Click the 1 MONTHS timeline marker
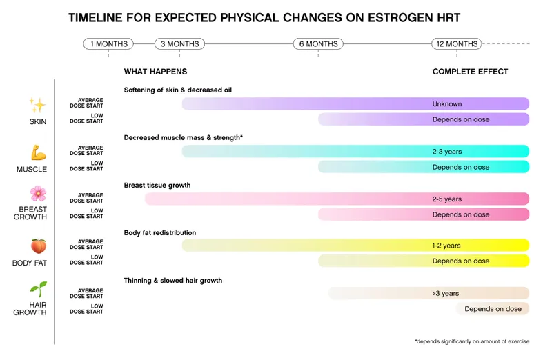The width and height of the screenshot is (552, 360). tap(108, 44)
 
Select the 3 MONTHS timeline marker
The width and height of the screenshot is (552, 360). tap(179, 44)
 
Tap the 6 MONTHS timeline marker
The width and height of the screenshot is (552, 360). tap(318, 44)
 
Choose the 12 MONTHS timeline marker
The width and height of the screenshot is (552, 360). tap(457, 44)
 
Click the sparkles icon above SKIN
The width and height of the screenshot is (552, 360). tap(37, 105)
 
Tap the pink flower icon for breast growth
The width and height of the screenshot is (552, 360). tap(37, 193)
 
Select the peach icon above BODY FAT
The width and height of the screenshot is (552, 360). tap(37, 246)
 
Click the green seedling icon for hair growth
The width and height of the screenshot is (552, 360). tap(37, 289)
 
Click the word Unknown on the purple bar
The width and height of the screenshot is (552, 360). tap(447, 104)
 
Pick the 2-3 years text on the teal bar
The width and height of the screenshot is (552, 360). tap(447, 151)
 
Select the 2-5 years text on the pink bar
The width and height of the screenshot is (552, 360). tap(447, 199)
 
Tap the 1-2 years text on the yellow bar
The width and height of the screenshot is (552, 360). tap(447, 246)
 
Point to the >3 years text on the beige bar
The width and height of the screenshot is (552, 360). tap(446, 293)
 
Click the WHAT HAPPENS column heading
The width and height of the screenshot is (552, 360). tap(155, 72)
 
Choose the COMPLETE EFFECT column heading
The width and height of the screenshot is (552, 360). tap(470, 72)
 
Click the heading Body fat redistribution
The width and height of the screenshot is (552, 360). tap(160, 233)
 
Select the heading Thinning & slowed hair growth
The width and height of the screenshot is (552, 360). tap(173, 281)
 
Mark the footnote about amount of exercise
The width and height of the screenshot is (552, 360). tap(471, 341)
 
